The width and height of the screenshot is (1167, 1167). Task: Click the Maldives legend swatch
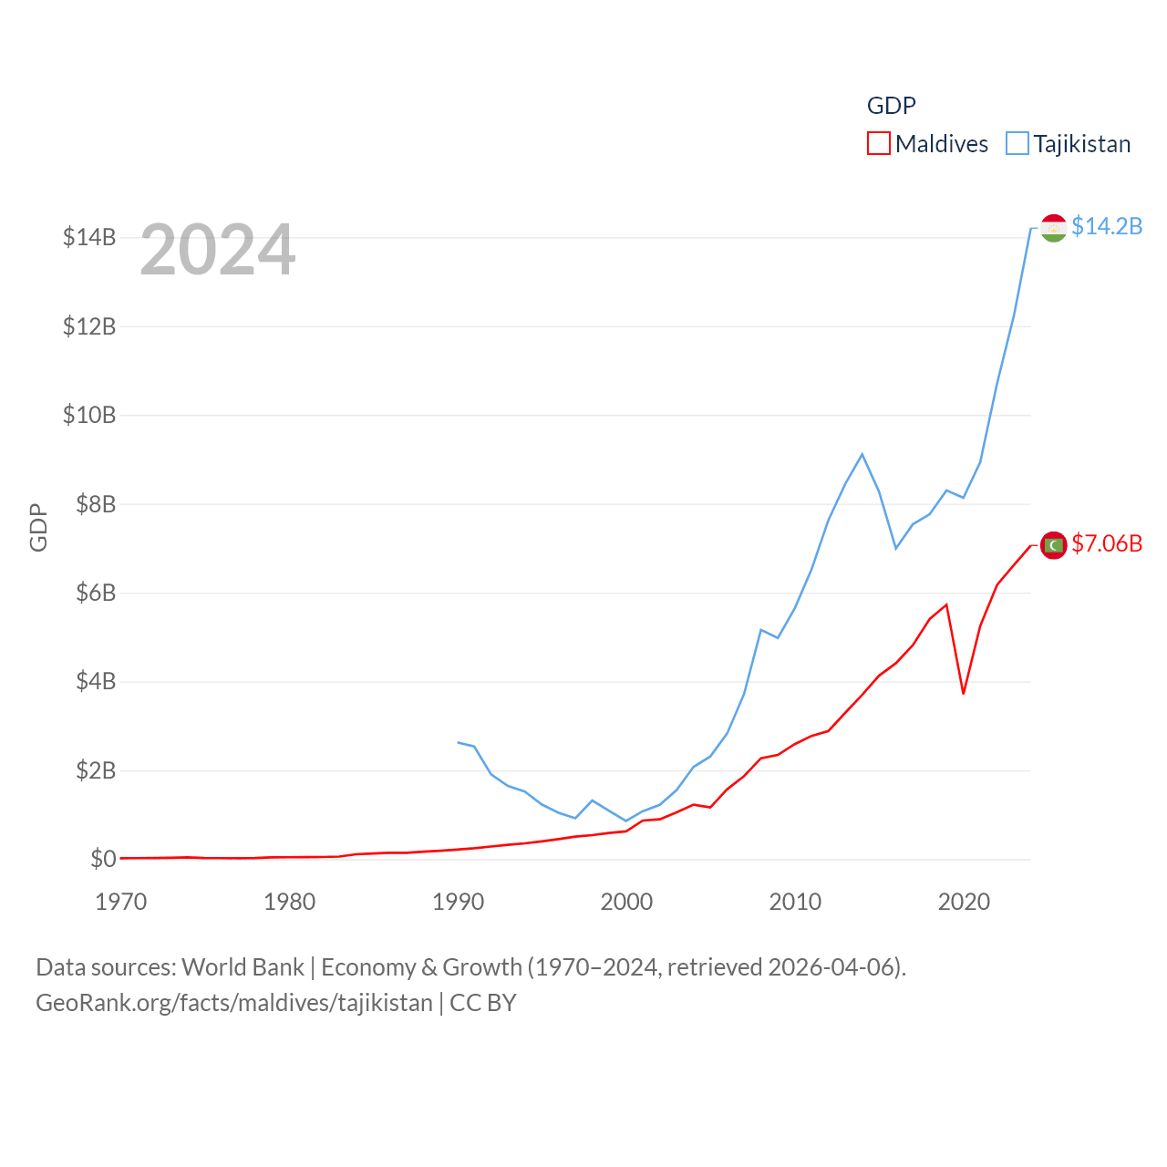878,144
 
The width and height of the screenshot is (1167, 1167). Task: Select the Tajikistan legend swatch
1017,144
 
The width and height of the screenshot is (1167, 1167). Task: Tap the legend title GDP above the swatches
891,106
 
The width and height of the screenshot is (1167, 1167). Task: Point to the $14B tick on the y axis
89,238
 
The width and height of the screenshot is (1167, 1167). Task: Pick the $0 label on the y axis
103,859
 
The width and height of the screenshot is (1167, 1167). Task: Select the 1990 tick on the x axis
458,902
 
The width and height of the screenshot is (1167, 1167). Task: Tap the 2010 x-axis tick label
795,902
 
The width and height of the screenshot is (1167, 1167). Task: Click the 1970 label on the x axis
121,902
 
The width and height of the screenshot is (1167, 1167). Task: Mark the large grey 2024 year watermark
217,250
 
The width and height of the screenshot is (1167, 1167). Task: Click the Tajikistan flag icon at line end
1053,228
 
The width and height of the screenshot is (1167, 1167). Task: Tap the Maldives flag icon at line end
1053,545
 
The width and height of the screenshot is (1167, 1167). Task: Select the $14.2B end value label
1107,226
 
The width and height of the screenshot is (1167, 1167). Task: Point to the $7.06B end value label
1107,543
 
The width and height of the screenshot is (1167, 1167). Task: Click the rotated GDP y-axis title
38,527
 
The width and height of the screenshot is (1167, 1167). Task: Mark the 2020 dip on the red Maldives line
963,694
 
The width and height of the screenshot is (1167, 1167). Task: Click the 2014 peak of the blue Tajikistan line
862,454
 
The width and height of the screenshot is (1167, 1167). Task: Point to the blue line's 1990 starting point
458,742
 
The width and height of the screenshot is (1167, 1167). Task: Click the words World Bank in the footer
243,966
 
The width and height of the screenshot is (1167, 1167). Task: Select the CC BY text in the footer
483,1003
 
